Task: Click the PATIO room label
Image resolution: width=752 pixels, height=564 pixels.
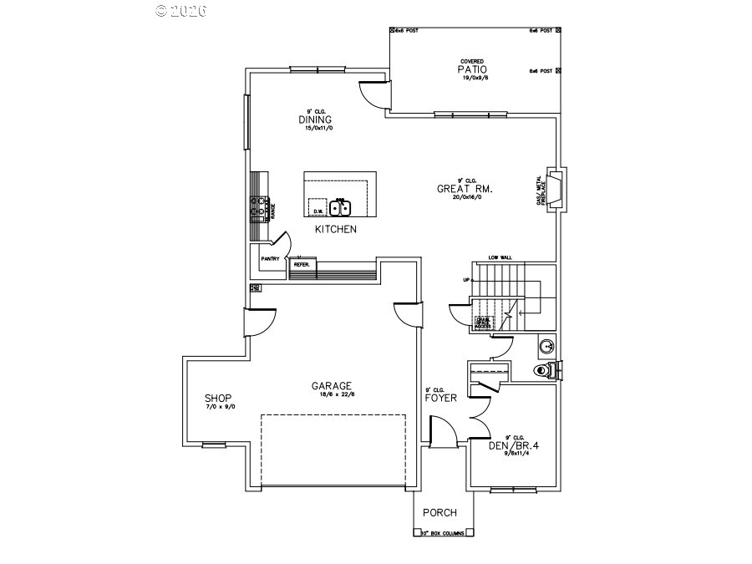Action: point(472,69)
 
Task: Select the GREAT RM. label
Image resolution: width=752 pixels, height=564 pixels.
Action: point(465,189)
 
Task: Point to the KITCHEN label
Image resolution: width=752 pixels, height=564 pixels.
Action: point(336,229)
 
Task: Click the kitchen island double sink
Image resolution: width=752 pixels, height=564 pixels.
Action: point(341,207)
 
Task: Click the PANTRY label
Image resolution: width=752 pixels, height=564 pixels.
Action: point(270,259)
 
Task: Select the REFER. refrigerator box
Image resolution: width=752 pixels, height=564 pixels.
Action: point(302,265)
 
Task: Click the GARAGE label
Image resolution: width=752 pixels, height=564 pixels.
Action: point(332,385)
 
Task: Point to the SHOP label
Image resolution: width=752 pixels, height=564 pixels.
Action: point(218,398)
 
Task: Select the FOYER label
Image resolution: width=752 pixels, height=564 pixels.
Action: point(440,398)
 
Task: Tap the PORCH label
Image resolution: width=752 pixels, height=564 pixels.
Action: point(440,512)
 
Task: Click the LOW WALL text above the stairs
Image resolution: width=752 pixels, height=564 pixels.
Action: point(500,258)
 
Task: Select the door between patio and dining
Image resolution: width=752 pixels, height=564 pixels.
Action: point(373,94)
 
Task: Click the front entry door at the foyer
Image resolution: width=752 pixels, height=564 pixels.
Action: point(444,434)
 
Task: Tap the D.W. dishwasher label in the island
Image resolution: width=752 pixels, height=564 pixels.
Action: point(318,211)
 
